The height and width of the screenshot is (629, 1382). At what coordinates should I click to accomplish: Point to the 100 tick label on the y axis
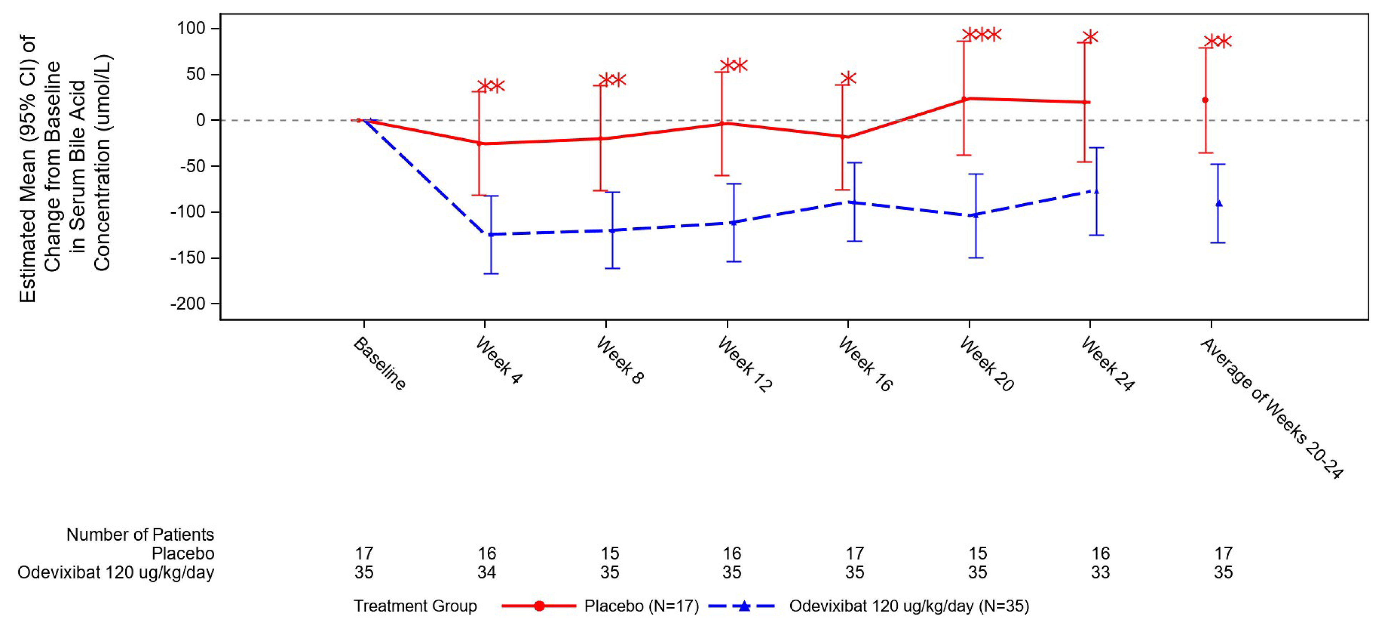click(191, 29)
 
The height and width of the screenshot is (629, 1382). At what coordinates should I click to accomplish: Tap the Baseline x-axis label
click(379, 363)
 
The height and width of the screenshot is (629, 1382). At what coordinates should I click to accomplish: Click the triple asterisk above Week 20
click(981, 35)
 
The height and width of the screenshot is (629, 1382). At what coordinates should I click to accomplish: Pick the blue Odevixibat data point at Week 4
click(490, 234)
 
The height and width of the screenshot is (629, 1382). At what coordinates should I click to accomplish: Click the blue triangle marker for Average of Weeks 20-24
click(1218, 203)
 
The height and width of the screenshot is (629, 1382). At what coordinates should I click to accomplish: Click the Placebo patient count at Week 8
click(610, 553)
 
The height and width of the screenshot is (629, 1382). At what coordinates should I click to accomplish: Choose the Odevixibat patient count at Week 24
click(1100, 572)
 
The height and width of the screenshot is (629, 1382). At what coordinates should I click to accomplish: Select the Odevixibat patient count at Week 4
click(487, 572)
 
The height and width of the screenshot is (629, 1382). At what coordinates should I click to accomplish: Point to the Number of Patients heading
click(140, 535)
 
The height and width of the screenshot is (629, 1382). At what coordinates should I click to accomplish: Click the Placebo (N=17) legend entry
click(641, 606)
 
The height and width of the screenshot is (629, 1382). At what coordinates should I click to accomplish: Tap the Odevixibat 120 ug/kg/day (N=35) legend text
click(909, 606)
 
